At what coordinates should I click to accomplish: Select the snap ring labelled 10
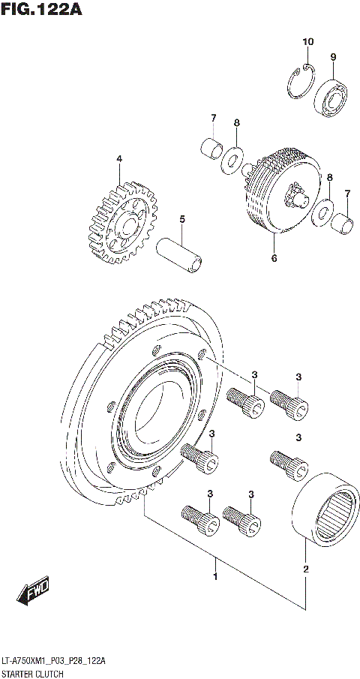pos(301,80)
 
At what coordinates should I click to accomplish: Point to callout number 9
pos(333,57)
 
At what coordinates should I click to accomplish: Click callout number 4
pos(118,159)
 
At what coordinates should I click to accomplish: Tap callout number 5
pos(181,219)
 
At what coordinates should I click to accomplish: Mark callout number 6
pos(274,259)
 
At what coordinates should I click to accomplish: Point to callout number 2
pos(306,569)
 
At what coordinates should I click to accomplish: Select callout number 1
pos(215,576)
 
